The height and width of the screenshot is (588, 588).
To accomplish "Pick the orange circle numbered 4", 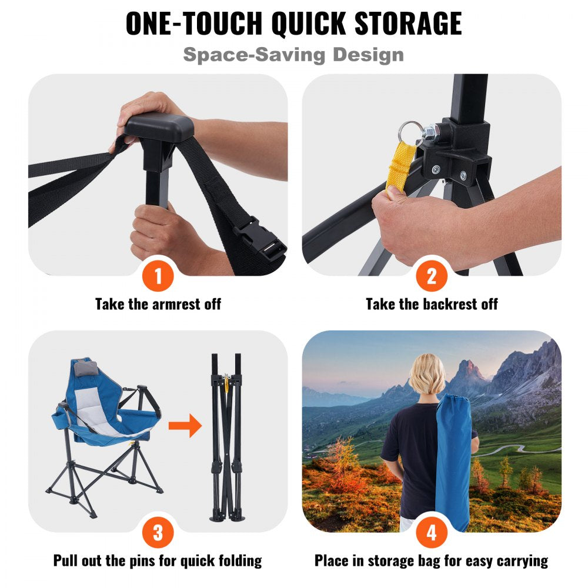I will click(x=432, y=533).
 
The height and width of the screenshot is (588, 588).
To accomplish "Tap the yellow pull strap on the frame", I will click(x=400, y=159).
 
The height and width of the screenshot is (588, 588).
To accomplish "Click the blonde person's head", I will click(x=427, y=374).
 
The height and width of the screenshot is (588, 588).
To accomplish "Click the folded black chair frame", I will click(x=226, y=435).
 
